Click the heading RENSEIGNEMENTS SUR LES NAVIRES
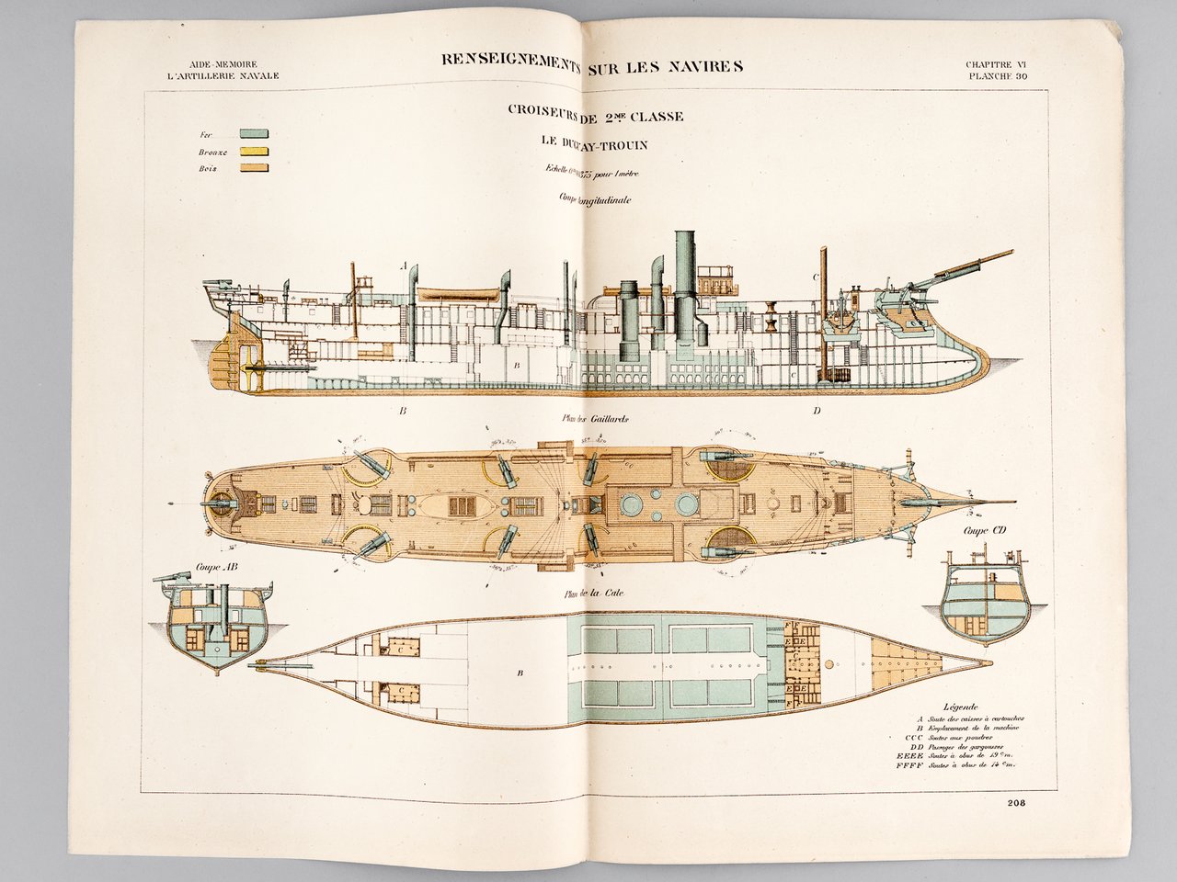tap(591, 64)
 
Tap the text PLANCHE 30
tap(996, 76)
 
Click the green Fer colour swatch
tap(253, 134)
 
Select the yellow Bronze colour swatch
tap(253, 151)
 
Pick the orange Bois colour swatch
tap(253, 167)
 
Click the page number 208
tap(1017, 802)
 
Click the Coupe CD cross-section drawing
tap(984, 597)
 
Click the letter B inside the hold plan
tap(520, 673)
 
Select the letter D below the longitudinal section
tap(816, 411)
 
